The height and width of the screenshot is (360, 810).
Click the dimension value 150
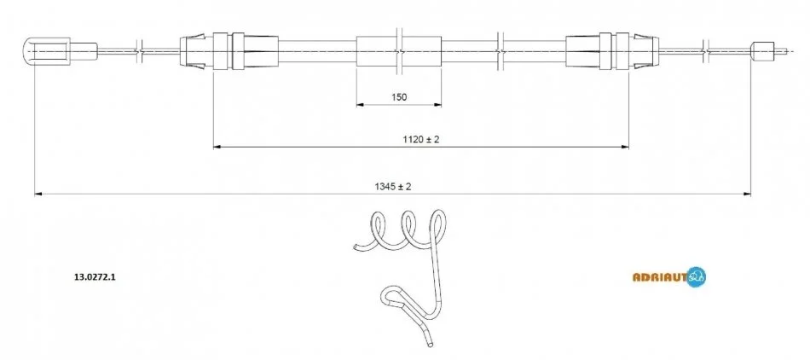pos(399,96)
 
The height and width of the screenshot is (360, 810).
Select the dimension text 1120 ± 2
pos(421,139)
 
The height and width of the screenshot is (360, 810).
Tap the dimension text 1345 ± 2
pos(393,187)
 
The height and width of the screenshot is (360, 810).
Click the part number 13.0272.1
pos(95,277)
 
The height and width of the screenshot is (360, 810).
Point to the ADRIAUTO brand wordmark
pos(660,277)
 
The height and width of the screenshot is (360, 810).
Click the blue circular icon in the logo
pos(697,277)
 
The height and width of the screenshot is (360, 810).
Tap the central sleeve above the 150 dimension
pos(399,51)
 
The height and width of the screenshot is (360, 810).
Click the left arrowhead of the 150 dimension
pos(361,105)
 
